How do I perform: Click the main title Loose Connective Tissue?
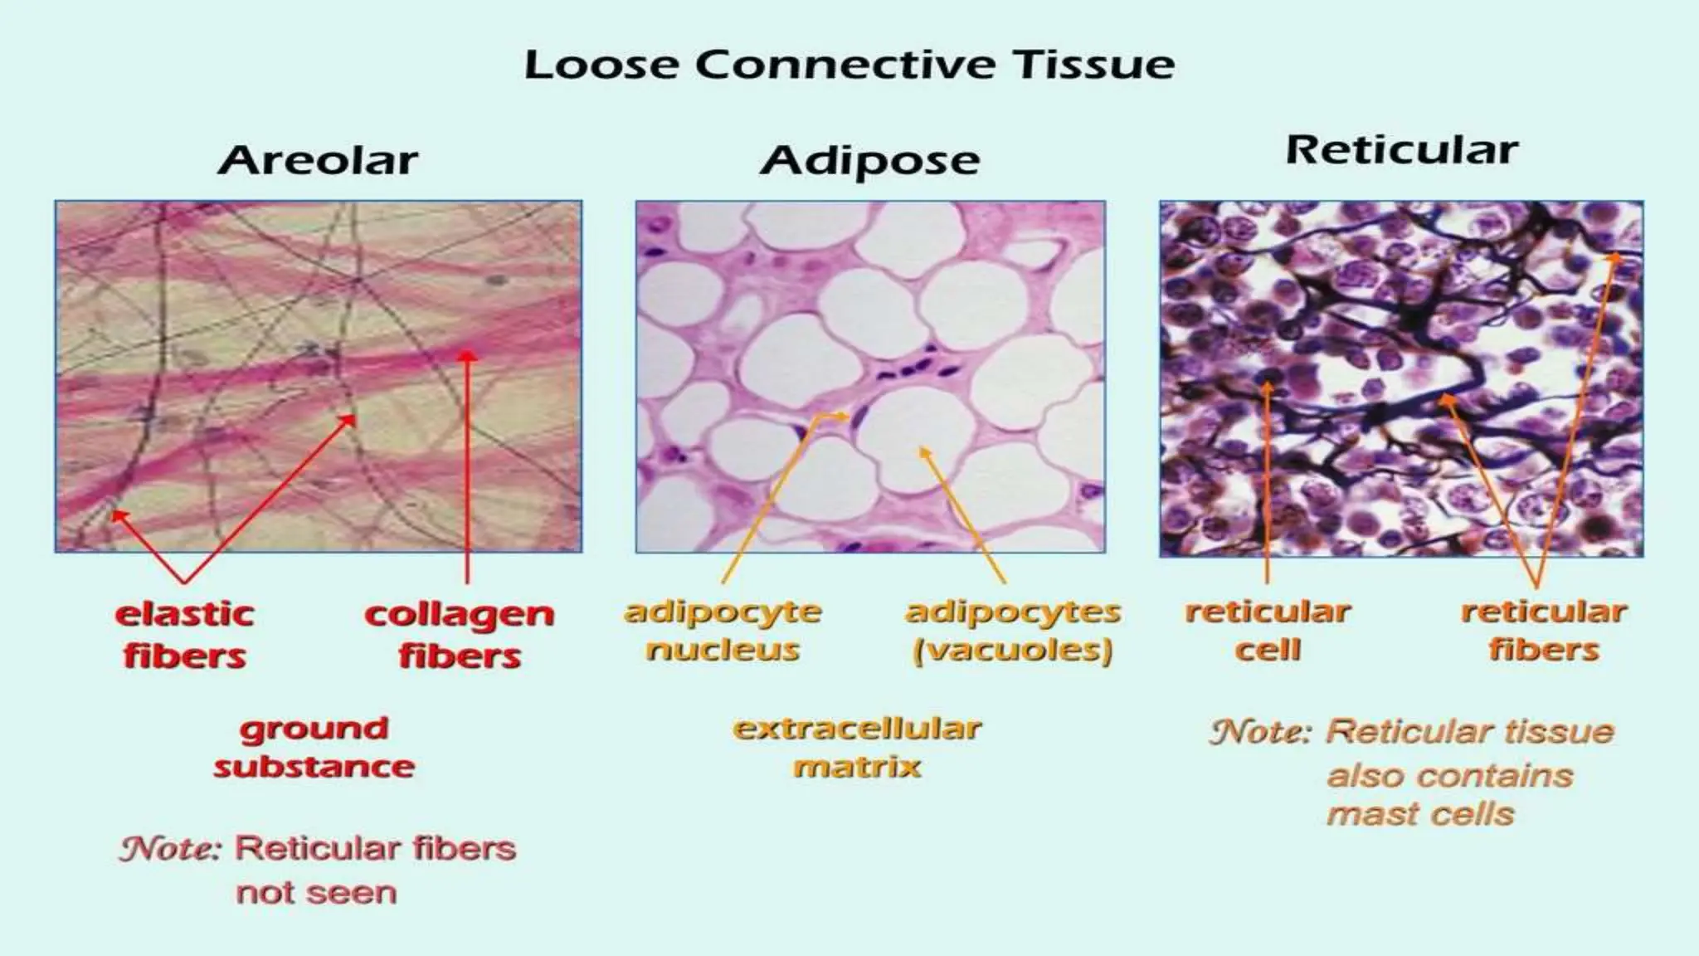[849, 65]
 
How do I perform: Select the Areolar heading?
[318, 159]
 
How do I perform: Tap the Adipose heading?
[869, 160]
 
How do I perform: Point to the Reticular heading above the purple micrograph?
[1401, 150]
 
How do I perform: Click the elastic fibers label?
[184, 635]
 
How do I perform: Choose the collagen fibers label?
[459, 635]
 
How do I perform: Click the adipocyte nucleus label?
[723, 631]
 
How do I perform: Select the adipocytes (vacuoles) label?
[1012, 631]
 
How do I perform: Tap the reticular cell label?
[1268, 631]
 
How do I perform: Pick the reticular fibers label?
[1543, 631]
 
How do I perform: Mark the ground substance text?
[314, 747]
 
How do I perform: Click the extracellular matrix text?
[857, 747]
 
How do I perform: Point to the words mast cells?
[1420, 814]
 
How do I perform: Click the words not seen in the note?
[316, 893]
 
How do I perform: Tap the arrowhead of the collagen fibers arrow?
[468, 356]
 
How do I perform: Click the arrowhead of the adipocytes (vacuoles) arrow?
[924, 452]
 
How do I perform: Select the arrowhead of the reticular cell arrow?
[1267, 386]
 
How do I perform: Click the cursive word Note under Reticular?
[1260, 732]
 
